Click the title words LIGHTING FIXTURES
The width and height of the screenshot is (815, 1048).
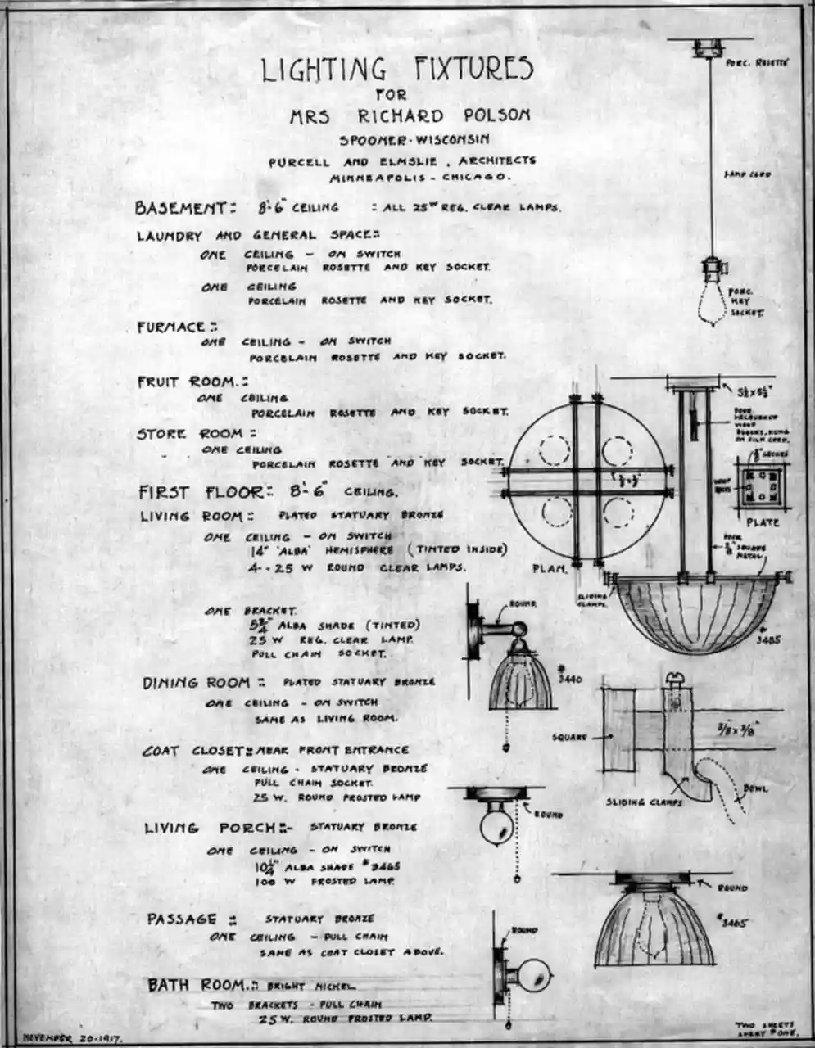(x=397, y=70)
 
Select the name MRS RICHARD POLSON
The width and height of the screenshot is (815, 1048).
(x=410, y=115)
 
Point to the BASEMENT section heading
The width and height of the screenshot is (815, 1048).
(x=186, y=208)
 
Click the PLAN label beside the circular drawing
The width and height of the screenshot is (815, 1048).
(x=550, y=568)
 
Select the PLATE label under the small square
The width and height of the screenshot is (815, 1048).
(x=763, y=522)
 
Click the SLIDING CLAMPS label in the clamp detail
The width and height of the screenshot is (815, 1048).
(x=645, y=802)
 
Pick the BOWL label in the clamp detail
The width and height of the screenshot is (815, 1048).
(x=755, y=788)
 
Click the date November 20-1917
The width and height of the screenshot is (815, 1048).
(x=72, y=1037)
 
